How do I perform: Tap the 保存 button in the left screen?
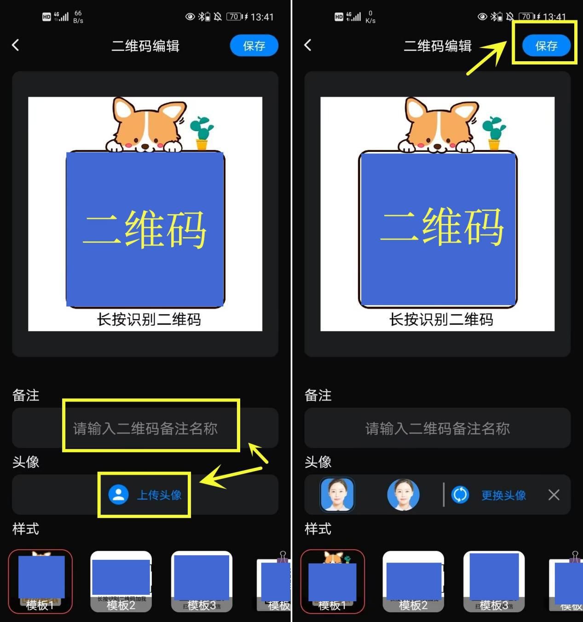pos(254,46)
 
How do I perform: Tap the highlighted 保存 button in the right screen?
pos(546,46)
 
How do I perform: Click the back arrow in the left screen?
pos(16,45)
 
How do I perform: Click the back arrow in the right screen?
pos(308,45)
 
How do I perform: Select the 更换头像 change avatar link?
pos(503,495)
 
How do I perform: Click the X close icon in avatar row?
pos(554,495)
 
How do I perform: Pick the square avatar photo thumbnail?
pos(337,495)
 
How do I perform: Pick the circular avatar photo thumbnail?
pos(403,495)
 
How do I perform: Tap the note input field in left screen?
pos(145,428)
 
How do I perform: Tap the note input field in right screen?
pos(437,428)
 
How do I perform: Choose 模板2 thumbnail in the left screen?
pos(121,581)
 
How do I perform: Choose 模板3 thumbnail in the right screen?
pos(494,581)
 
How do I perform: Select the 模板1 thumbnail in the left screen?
pos(40,581)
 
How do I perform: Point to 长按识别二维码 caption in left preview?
pos(149,319)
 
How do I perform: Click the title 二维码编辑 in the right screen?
pos(437,46)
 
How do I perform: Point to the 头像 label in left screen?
pos(26,462)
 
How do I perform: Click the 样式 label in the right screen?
pos(318,529)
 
